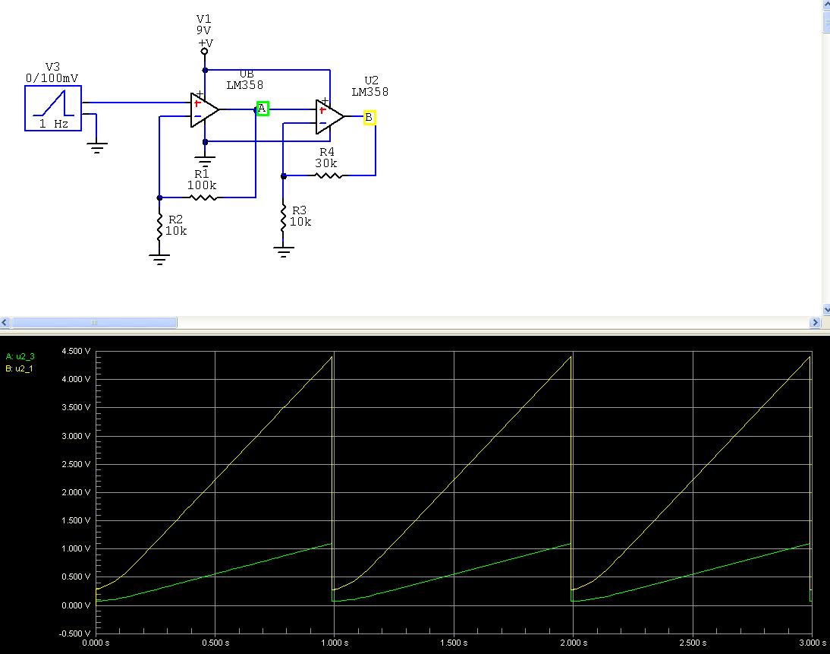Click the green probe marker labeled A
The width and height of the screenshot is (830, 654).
[x=263, y=109]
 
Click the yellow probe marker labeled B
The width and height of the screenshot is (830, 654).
[x=369, y=117]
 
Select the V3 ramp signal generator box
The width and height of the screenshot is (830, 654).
[x=53, y=108]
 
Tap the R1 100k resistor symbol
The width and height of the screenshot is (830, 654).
[x=203, y=197]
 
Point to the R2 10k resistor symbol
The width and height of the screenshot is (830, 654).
[x=159, y=228]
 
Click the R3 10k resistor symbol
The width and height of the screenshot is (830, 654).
[x=283, y=217]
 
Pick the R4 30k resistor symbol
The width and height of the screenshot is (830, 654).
[x=329, y=175]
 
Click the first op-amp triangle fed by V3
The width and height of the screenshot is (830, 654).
[x=204, y=109]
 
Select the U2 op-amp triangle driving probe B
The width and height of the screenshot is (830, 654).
[x=329, y=117]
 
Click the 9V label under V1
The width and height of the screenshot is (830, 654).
[x=204, y=30]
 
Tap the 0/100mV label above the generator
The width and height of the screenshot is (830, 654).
[x=52, y=78]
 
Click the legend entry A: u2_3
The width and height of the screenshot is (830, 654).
[x=20, y=357]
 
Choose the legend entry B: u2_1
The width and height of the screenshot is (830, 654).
[x=19, y=368]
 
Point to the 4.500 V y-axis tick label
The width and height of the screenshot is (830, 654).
[x=76, y=351]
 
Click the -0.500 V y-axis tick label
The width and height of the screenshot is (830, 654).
[x=74, y=633]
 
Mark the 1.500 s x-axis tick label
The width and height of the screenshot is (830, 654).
[x=454, y=643]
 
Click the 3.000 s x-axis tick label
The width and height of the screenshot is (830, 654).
[x=813, y=643]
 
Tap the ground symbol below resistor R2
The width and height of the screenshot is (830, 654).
[x=159, y=259]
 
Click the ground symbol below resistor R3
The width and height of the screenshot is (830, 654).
[x=283, y=251]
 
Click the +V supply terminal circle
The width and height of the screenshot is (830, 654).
[x=204, y=52]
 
